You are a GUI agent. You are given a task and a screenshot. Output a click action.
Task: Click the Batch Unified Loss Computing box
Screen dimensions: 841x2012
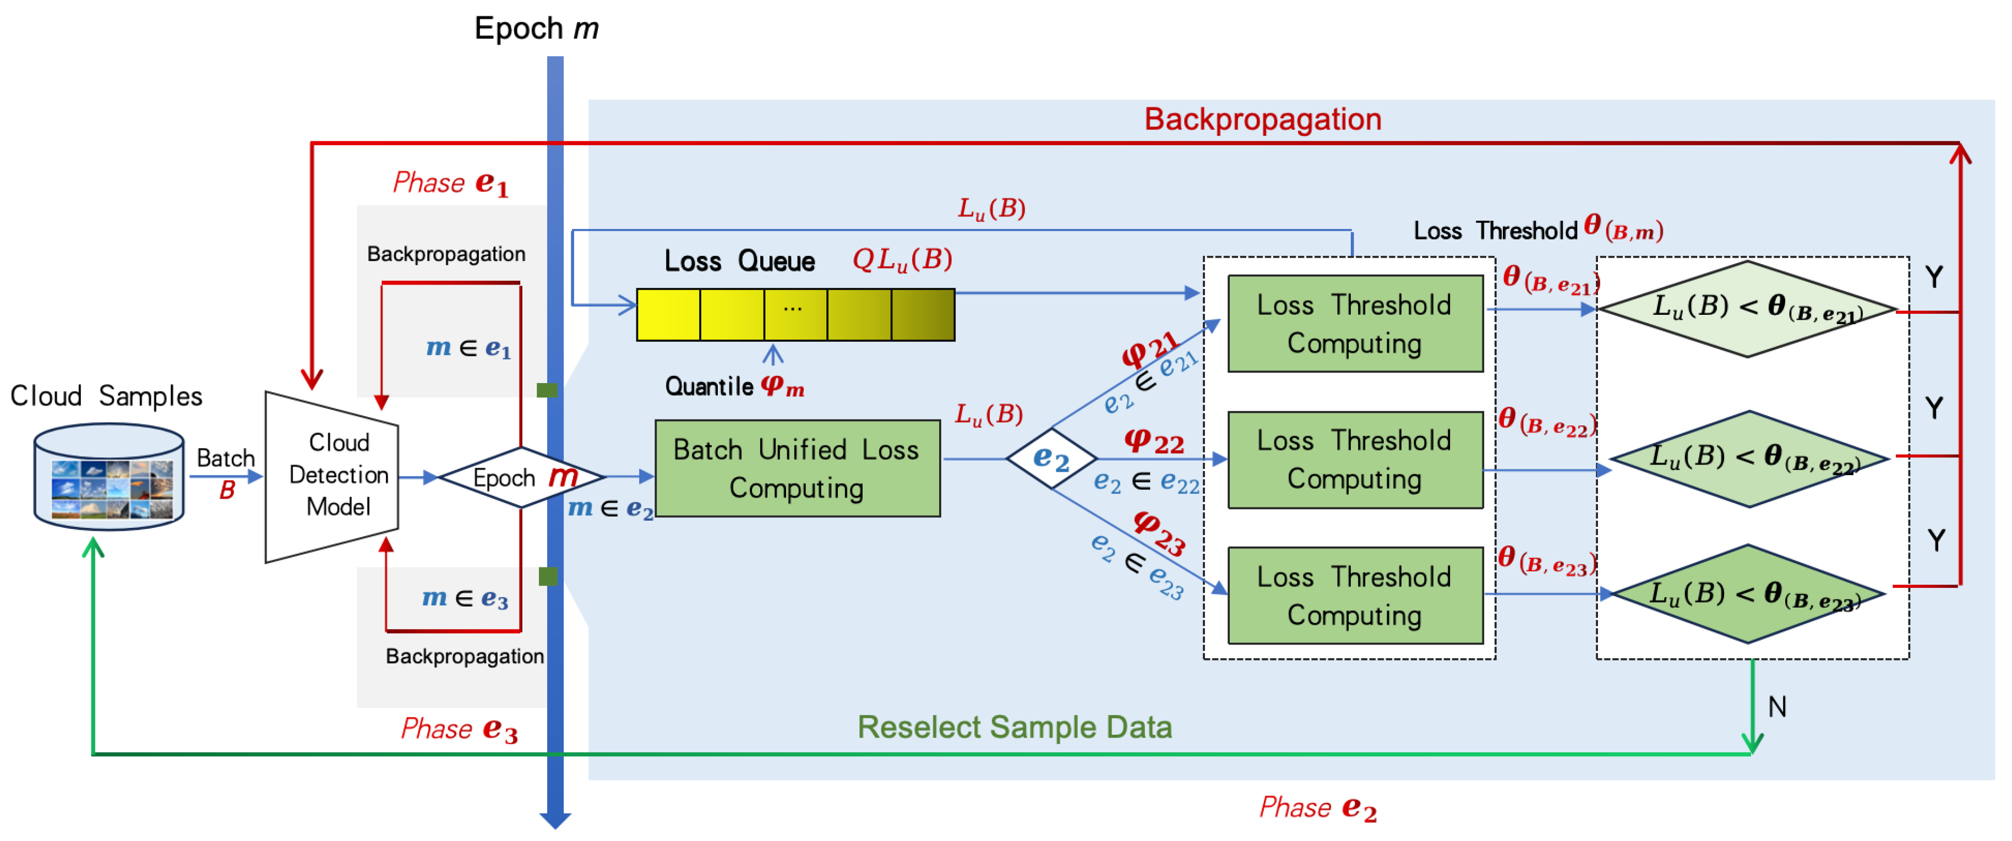[x=797, y=468]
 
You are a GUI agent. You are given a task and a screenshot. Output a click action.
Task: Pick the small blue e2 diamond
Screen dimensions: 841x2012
[x=1051, y=458]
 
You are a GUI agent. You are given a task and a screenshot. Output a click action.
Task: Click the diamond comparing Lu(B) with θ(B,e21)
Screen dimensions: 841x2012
[x=1748, y=309]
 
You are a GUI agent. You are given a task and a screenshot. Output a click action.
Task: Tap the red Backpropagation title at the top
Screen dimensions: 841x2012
[x=1262, y=119]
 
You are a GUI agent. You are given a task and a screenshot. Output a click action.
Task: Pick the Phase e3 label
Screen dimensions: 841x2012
[x=459, y=729]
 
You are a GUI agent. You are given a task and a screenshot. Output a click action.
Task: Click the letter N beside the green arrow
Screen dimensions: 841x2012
[x=1777, y=707]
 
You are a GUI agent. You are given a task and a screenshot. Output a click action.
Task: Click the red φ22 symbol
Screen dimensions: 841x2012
[x=1154, y=442]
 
